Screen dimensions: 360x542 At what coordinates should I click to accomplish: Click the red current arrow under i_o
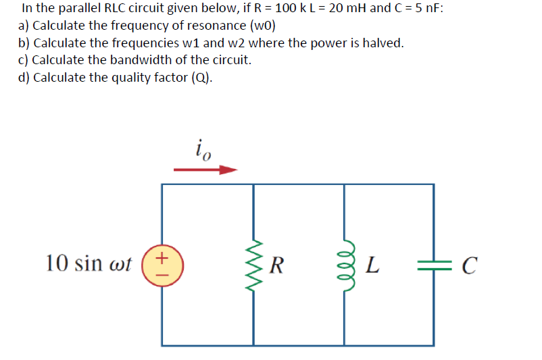(206, 170)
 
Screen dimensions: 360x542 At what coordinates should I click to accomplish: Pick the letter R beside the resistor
(276, 264)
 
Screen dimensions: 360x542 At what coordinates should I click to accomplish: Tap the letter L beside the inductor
(370, 264)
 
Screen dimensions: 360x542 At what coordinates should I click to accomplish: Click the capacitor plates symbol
(433, 264)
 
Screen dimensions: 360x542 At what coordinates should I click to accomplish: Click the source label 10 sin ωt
(89, 263)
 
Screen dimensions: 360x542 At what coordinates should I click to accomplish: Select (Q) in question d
(201, 77)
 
